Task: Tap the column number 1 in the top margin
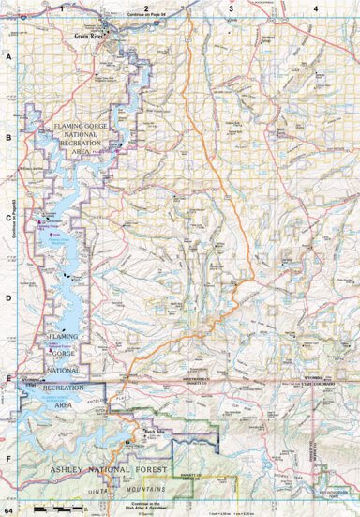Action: tap(62, 8)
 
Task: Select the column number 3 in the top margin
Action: tap(231, 8)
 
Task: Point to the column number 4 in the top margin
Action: tap(315, 8)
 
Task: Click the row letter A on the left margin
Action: tap(8, 57)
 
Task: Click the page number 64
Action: tap(8, 509)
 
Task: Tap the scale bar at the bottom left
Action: tap(56, 507)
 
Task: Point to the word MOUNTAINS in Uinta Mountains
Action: tap(144, 490)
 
